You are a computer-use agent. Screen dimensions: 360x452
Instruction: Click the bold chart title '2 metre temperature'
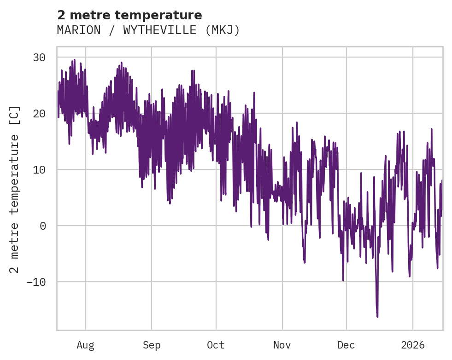(x=129, y=15)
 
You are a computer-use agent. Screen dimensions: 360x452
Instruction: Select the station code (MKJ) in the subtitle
(x=223, y=30)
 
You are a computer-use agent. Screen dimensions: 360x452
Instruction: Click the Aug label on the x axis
(x=85, y=345)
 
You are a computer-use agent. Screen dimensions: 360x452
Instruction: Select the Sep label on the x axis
(x=151, y=345)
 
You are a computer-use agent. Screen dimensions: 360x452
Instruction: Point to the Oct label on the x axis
(x=216, y=345)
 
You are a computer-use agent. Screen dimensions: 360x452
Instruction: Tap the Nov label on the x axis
(x=282, y=345)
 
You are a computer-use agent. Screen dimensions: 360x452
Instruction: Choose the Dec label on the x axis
(x=346, y=345)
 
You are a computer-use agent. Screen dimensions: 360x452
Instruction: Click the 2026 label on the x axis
(x=413, y=345)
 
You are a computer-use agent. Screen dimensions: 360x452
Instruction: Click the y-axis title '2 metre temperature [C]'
(x=15, y=189)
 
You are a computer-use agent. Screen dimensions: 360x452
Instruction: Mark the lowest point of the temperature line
(x=377, y=317)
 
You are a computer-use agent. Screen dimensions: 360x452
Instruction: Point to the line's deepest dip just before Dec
(x=343, y=280)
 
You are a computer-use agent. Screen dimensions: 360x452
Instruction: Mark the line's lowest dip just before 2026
(x=409, y=276)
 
